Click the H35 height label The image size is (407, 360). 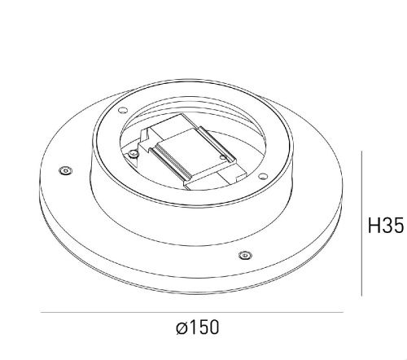(x=386, y=226)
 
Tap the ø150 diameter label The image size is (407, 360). (x=197, y=327)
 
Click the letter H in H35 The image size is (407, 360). (x=374, y=226)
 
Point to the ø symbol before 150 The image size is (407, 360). (x=182, y=327)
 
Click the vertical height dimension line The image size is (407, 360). (x=361, y=223)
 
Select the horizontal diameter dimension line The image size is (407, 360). (x=192, y=312)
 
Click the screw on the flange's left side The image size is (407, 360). (x=65, y=170)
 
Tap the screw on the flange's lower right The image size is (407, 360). (x=245, y=255)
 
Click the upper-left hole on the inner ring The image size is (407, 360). (x=123, y=111)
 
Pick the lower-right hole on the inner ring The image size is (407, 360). (x=262, y=177)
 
